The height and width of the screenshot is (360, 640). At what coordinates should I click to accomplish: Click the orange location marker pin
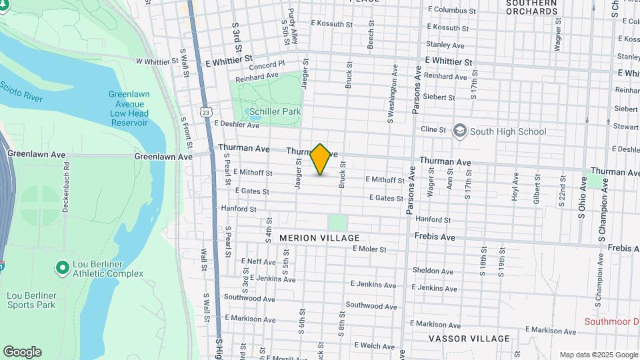pos(321,159)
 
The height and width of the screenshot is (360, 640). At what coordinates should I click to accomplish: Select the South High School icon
pos(459,131)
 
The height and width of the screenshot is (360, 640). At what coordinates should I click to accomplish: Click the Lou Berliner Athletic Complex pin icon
pos(62,268)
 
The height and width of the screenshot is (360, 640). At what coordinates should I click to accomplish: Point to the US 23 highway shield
pos(208,113)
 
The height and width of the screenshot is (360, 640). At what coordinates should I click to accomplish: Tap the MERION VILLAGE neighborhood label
pos(319,238)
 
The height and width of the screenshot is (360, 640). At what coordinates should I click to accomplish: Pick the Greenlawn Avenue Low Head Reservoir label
pos(129,109)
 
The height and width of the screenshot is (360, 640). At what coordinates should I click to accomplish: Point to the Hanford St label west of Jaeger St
pos(239,209)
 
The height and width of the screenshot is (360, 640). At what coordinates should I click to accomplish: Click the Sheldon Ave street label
pos(433,271)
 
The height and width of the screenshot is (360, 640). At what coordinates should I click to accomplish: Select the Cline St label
pos(433,129)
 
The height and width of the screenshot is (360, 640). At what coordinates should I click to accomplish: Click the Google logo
pos(22,352)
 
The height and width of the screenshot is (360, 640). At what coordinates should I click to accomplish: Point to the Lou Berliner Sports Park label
pos(31,300)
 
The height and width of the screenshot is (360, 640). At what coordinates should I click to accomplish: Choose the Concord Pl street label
pos(267,66)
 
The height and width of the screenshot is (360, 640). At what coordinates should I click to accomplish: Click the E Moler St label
pos(369,249)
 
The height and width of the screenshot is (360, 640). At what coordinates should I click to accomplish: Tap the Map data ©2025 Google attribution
pos(599,355)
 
